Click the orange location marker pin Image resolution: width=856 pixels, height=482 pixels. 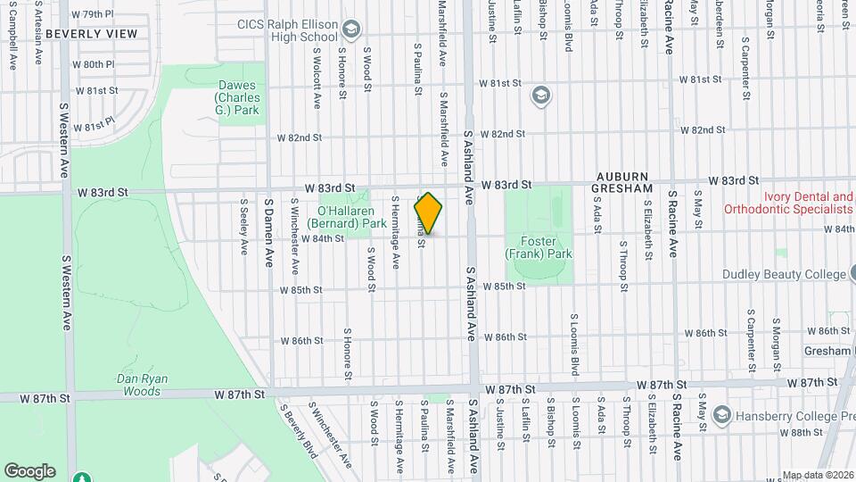pos(428,214)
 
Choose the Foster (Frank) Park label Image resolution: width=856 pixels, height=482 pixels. pos(538,247)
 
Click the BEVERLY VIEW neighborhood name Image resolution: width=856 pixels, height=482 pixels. pos(91,34)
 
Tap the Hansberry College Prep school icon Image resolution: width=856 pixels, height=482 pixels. pos(722,414)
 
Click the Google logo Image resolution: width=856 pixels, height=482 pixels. pos(29,470)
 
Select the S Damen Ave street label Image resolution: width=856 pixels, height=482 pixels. pos(268,232)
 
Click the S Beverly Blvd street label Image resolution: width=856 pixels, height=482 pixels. pos(298,433)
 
